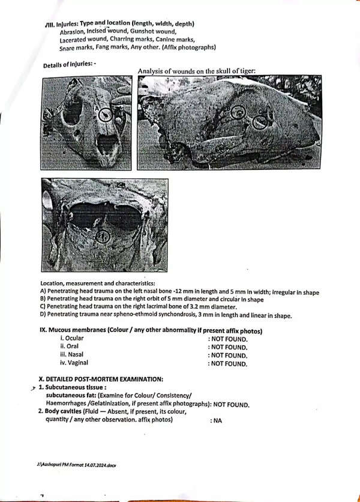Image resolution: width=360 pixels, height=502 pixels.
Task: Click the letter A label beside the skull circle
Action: (96, 109)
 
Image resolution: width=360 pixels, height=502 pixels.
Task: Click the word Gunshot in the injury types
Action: (142, 31)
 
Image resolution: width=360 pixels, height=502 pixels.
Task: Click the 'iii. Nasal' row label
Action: (71, 354)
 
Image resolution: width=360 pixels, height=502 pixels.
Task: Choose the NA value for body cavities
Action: (217, 420)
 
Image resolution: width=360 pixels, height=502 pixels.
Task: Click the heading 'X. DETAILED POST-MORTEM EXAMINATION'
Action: (101, 379)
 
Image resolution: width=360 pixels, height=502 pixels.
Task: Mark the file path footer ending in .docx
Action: (76, 465)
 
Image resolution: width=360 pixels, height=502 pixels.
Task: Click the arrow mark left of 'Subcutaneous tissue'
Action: (33, 388)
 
